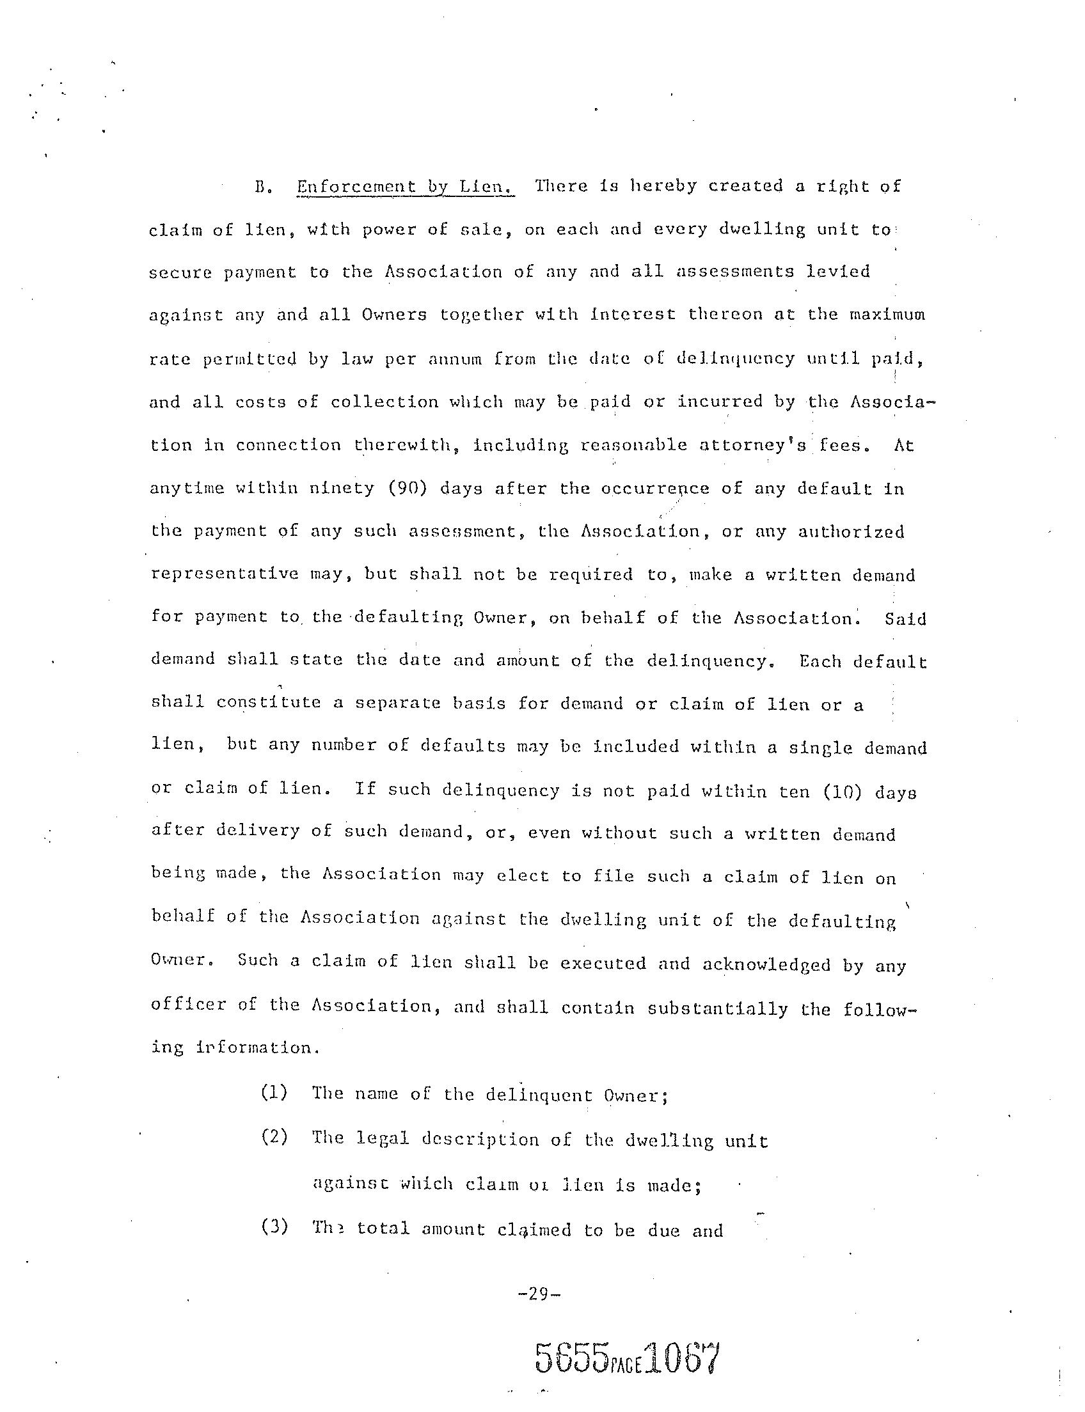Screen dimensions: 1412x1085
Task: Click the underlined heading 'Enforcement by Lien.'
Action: click(x=406, y=187)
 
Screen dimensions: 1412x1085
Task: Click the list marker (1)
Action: click(x=274, y=1093)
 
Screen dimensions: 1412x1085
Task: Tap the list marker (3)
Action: click(x=274, y=1226)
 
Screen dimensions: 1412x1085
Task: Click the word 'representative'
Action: click(x=225, y=575)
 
